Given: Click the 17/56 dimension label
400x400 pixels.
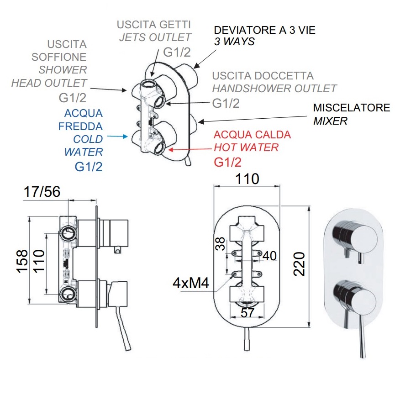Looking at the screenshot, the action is (42, 192).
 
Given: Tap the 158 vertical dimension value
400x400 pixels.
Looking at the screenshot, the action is (22, 261).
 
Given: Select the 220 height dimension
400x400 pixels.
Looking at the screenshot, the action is (299, 264).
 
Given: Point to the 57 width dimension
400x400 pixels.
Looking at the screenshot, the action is (247, 312).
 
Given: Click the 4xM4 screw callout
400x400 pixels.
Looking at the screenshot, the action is (191, 283).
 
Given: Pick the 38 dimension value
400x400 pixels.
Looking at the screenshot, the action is (220, 244).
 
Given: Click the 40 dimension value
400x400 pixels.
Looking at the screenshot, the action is (269, 256).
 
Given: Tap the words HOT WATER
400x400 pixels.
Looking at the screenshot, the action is (246, 147).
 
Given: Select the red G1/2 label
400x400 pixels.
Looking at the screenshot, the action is (227, 162).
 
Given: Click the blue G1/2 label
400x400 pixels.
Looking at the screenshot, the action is (89, 167).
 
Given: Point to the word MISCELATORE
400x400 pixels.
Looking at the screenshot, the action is (352, 107).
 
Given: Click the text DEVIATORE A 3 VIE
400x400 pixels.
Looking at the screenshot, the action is (264, 30).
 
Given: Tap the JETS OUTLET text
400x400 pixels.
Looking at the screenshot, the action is (155, 37).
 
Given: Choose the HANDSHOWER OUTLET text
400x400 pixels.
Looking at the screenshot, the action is (274, 89).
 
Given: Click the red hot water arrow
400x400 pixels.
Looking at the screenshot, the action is (190, 149).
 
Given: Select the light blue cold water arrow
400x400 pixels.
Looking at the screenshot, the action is (117, 137).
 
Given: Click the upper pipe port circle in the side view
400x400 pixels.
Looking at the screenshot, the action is (68, 233).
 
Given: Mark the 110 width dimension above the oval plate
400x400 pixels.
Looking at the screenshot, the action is (247, 179).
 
